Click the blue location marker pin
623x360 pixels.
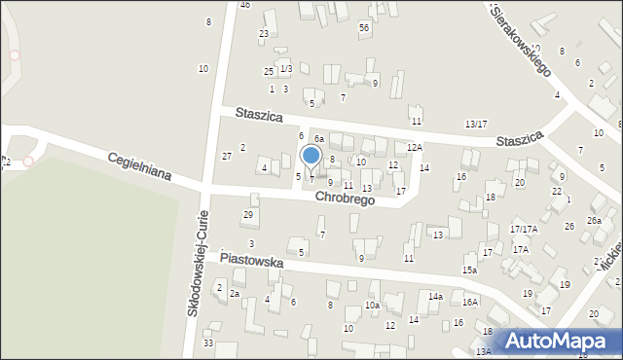[x=311, y=156]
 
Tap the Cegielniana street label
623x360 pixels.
[x=139, y=167]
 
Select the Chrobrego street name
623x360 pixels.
[x=345, y=198]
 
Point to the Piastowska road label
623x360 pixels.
[x=251, y=261]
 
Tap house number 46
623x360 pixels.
[x=244, y=5]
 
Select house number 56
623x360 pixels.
[x=363, y=28]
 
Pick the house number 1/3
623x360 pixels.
[x=285, y=69]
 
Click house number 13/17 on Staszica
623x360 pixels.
[x=476, y=124]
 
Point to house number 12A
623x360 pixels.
[x=415, y=147]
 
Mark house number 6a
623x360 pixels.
[x=318, y=139]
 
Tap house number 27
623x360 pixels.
[x=227, y=156]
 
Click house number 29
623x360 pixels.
[x=248, y=214]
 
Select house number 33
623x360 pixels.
[x=208, y=342]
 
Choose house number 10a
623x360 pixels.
[x=372, y=306]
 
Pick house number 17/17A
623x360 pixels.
[x=524, y=229]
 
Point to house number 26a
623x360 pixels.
[x=594, y=221]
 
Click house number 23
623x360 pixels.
[x=264, y=34]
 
